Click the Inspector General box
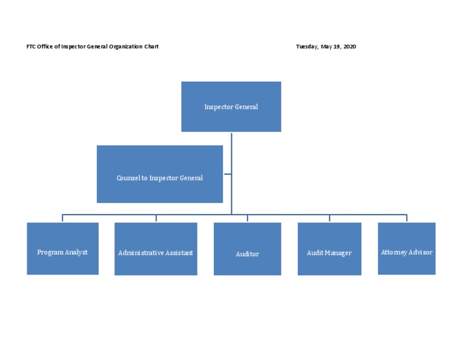[231, 107]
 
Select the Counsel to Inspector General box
[159, 174]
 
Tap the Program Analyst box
[62, 248]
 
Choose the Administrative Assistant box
[156, 249]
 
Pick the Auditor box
[247, 249]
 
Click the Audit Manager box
[329, 249]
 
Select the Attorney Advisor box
[406, 248]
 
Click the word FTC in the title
[31, 47]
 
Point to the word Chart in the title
[151, 47]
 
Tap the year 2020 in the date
[349, 47]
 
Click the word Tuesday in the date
[307, 47]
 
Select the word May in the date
[326, 47]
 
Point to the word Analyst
[76, 252]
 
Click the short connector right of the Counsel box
[227, 174]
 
